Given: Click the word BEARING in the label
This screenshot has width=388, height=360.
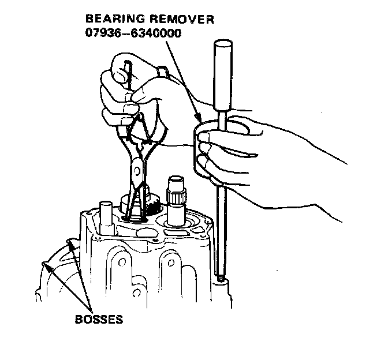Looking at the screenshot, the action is [110, 20].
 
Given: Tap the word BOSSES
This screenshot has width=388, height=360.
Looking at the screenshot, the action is [99, 319].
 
